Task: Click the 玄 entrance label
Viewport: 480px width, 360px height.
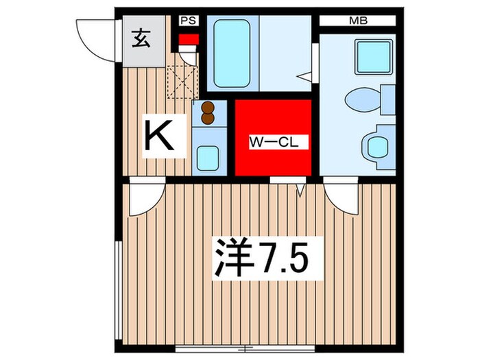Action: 140,39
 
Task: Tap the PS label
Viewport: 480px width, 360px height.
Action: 188,21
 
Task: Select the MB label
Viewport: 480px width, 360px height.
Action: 358,21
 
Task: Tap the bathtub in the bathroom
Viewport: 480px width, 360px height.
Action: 231,52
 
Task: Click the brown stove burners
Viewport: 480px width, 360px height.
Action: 208,113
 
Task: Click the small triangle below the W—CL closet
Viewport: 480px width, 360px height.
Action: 300,185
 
